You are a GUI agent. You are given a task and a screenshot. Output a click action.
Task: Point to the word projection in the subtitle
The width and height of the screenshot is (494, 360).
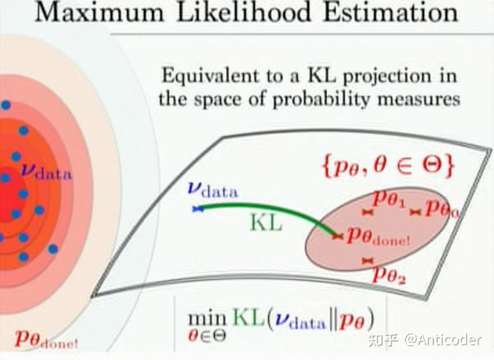point(393,77)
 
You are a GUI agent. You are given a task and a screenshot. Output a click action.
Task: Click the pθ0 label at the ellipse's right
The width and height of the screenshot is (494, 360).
point(441,210)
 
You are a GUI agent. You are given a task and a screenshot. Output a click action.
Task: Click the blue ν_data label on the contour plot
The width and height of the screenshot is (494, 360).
point(44,174)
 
